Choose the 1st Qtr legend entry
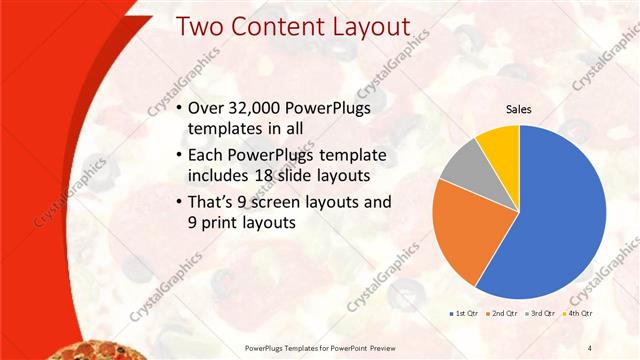click(467, 313)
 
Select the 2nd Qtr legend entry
click(502, 313)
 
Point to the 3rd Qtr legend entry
click(539, 313)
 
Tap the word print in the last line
click(221, 224)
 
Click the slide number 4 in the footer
click(589, 347)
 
